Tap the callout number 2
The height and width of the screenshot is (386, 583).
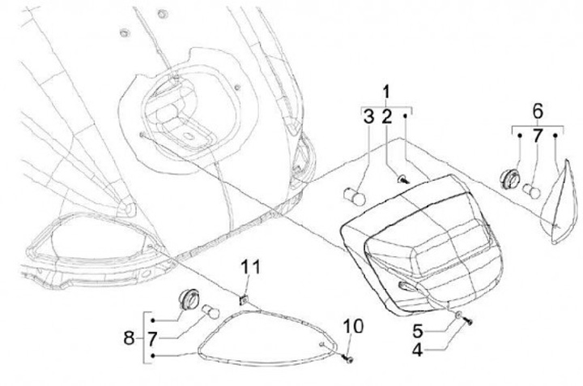[x=387, y=118]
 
